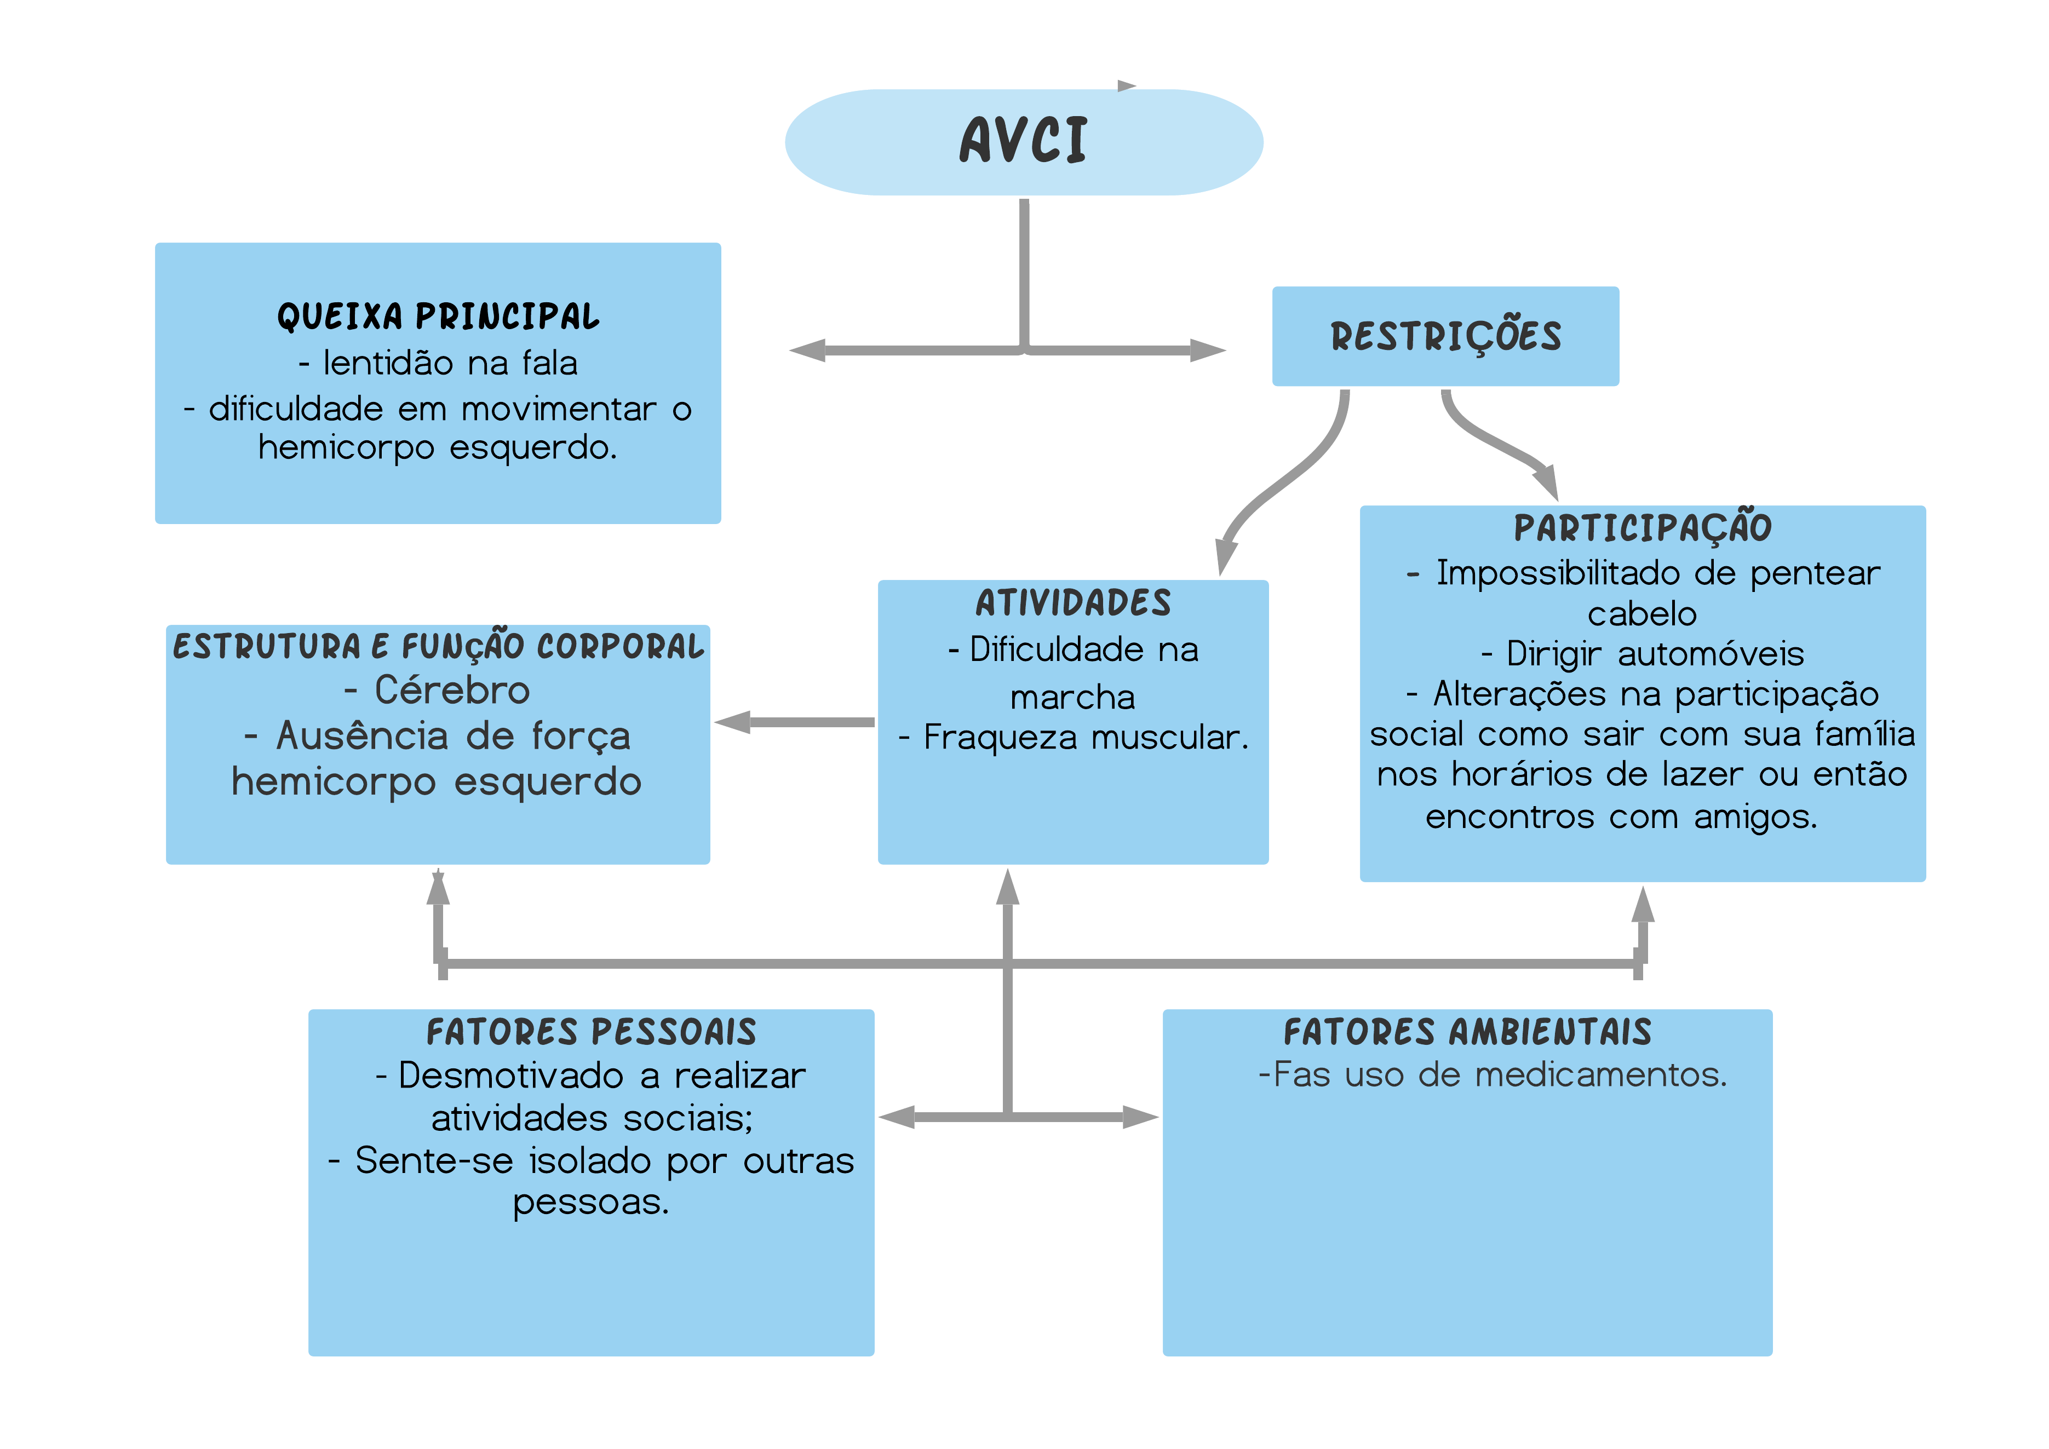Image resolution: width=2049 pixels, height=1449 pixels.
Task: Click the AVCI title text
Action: [1024, 141]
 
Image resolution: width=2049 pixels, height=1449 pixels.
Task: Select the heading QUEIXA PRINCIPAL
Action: [438, 317]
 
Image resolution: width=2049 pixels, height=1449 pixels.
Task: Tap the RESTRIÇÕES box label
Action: [1446, 336]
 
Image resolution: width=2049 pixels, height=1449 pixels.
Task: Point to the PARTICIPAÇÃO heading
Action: [1642, 527]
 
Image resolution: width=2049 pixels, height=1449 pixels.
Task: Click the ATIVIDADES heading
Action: [1072, 603]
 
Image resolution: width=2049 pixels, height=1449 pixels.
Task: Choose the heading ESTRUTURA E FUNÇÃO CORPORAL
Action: [438, 646]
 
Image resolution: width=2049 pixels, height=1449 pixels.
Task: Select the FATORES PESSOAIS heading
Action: [591, 1032]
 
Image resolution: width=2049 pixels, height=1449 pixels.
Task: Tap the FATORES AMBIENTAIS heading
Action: [1467, 1032]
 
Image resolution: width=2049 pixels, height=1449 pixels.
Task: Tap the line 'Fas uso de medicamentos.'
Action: [1492, 1075]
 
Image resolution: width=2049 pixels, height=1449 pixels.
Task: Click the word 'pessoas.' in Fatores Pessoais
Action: [591, 1203]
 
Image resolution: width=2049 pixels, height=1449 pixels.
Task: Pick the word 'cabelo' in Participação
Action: [1642, 614]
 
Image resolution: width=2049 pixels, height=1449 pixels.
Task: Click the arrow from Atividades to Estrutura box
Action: [794, 722]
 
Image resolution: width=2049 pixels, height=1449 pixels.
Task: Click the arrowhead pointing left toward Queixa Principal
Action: [808, 350]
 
